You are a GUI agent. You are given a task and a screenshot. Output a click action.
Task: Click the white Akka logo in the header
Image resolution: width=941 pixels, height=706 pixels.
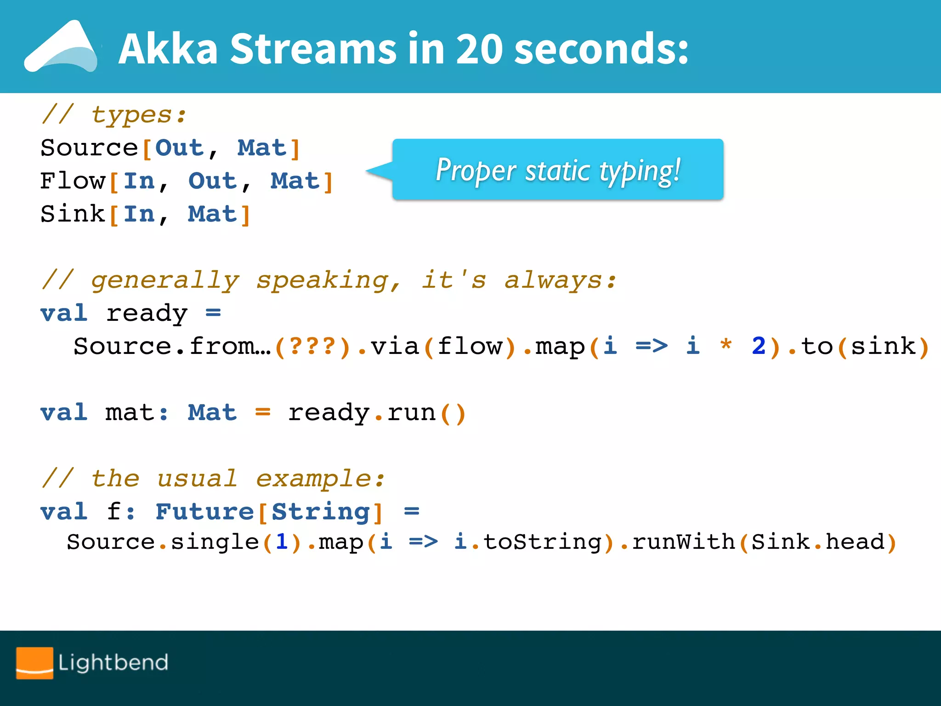click(x=62, y=48)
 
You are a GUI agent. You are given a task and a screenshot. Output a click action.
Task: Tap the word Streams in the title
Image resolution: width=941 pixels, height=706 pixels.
click(x=313, y=49)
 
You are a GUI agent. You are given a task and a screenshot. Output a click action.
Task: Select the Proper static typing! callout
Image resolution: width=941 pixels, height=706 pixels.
click(x=557, y=170)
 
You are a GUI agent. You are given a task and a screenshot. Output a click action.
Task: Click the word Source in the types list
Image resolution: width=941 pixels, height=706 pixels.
click(x=89, y=148)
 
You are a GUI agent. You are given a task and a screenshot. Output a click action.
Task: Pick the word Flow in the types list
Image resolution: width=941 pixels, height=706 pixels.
click(x=73, y=181)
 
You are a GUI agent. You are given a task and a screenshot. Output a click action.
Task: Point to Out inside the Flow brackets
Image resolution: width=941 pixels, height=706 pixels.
click(x=213, y=181)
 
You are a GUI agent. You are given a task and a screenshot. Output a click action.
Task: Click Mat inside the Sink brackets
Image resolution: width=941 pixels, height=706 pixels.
click(x=212, y=214)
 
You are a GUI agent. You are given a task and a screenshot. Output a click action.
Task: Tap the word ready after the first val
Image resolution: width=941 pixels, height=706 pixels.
click(x=147, y=314)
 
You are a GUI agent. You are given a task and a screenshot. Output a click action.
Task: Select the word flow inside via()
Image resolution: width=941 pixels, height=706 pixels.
click(x=470, y=347)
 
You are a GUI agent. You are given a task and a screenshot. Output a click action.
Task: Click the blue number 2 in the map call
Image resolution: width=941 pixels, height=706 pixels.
click(x=758, y=347)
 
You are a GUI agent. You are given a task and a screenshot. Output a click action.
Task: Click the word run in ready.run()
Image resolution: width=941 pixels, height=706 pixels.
click(x=411, y=413)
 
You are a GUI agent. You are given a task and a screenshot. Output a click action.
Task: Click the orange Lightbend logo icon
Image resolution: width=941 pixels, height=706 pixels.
click(x=34, y=663)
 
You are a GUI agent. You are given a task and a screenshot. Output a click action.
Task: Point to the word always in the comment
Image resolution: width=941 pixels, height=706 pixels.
click(x=554, y=280)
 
